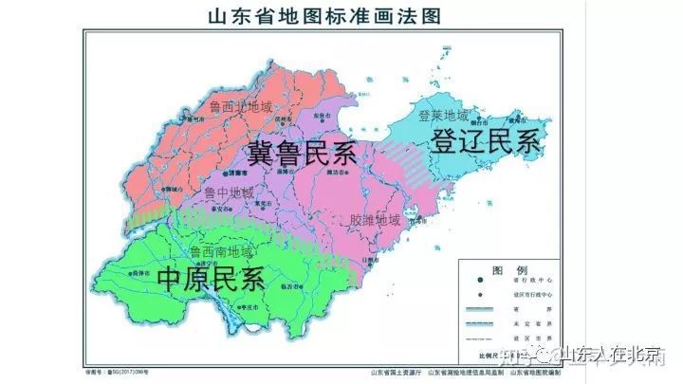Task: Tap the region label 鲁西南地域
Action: (x=221, y=252)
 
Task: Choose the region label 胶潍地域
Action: (x=375, y=220)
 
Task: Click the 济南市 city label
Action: (x=238, y=174)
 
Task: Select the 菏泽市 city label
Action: (x=143, y=270)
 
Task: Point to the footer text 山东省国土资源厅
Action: (x=397, y=372)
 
